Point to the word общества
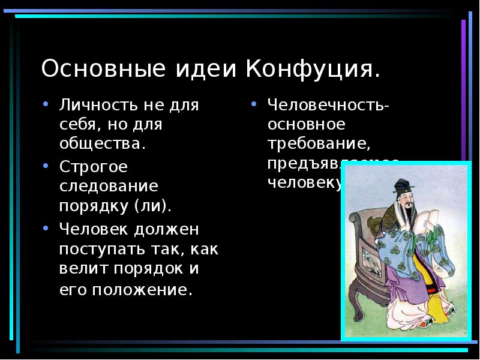pos(102,144)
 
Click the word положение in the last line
pos(143,290)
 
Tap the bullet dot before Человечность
pos(254,103)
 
